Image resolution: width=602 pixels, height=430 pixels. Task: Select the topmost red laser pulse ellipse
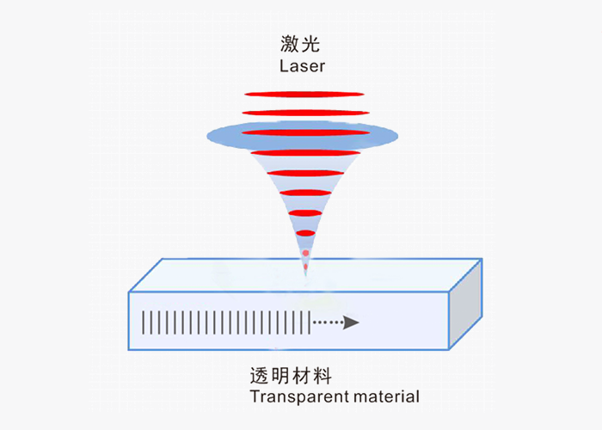303,94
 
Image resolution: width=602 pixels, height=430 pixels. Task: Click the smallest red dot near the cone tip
304,253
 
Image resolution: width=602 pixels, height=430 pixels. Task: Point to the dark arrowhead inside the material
351,323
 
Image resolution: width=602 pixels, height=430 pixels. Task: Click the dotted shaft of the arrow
327,323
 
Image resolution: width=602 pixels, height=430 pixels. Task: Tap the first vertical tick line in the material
144,322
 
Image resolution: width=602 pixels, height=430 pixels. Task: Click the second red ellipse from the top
303,113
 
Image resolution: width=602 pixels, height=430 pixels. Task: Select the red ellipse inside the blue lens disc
303,133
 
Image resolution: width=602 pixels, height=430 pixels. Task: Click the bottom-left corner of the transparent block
130,349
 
